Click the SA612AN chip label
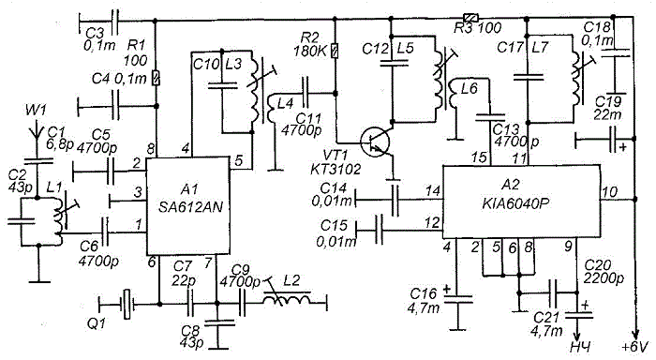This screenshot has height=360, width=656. coord(190,206)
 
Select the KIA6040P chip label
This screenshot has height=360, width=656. coord(516,203)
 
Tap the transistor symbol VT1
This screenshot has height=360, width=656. coord(375,142)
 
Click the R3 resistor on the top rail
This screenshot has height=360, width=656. coord(470,18)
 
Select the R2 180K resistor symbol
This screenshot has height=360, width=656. coord(335,51)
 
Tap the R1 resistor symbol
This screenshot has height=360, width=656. coord(157,78)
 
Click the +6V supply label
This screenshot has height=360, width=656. coord(635,348)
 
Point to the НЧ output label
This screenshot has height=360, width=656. coord(581,348)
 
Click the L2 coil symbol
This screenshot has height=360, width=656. coord(288,299)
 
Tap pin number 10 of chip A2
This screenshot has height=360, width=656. coord(609,192)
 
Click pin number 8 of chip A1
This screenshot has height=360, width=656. coord(151,149)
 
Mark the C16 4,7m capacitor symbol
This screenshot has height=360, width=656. coord(458,299)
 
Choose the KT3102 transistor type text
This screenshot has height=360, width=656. coord(335,169)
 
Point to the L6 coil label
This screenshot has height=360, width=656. coord(469,89)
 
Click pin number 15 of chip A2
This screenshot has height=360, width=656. coord(479,157)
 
